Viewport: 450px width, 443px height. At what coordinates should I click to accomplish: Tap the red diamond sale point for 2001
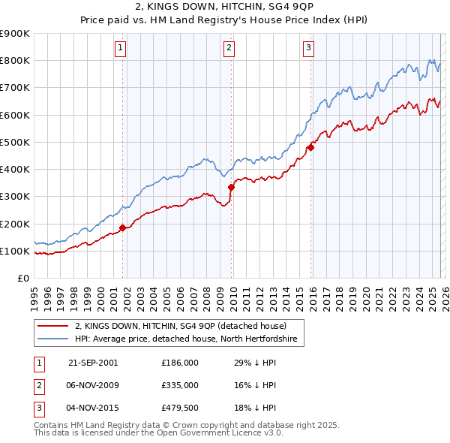[x=122, y=227]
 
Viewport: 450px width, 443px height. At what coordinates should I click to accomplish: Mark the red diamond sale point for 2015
[x=310, y=147]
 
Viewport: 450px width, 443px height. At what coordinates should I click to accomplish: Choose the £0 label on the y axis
[x=22, y=279]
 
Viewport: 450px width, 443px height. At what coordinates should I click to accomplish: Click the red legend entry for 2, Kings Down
[x=180, y=327]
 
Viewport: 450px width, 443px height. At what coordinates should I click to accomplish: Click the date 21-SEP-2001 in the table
[x=93, y=362]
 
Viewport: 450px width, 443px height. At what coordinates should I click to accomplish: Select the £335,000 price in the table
[x=179, y=384]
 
